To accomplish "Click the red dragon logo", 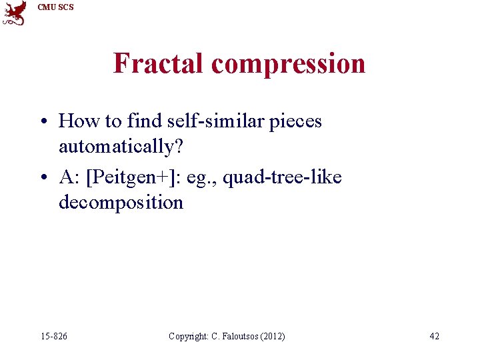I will coord(15,13).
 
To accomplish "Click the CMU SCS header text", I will coord(56,7).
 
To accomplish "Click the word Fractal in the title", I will coord(159,63).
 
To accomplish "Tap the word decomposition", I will coord(121,202).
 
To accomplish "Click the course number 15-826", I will coord(53,336).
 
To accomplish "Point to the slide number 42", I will coord(434,336).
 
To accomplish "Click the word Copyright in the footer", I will coord(189,336).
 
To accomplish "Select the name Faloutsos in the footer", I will coord(241,336).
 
